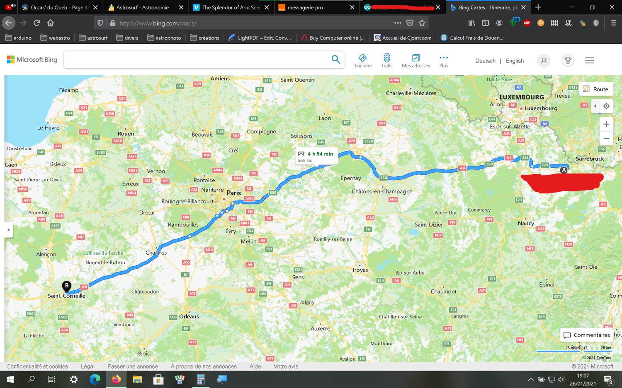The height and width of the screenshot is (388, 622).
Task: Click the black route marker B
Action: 66,286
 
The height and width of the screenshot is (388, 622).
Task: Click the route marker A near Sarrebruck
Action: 564,170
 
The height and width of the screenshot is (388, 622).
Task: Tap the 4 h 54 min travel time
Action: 320,154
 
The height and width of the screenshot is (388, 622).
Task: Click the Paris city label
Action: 233,193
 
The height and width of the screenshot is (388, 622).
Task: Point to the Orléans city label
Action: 189,316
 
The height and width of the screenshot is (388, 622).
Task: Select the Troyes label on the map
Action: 360,270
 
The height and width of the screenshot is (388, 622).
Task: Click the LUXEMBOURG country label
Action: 522,97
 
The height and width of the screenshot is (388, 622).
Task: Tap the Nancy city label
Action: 526,223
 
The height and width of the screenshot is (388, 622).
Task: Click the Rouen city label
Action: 126,134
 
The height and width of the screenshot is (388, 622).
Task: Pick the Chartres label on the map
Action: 156,253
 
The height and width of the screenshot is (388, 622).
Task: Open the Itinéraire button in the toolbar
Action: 362,60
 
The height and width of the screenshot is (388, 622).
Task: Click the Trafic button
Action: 386,60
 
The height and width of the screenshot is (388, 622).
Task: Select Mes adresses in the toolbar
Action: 415,60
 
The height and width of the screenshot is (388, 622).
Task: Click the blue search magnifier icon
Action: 335,60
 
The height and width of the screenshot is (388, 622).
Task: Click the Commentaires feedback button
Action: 586,335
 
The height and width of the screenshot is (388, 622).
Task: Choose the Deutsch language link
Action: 485,61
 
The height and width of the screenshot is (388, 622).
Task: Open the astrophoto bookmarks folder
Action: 164,38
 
